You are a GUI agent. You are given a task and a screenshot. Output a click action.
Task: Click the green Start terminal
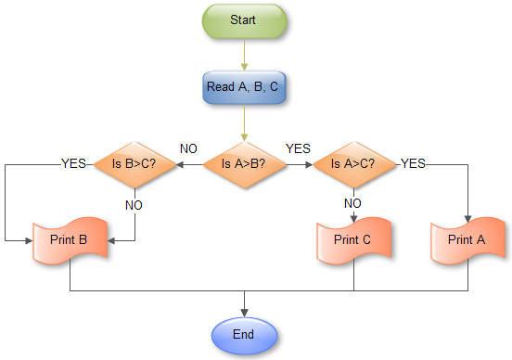245,19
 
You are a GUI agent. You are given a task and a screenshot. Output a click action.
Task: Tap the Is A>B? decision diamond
245,164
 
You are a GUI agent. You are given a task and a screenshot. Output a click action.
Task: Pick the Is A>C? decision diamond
354,164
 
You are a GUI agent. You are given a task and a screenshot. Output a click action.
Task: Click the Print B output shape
70,240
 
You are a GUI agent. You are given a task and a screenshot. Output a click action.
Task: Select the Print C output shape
353,240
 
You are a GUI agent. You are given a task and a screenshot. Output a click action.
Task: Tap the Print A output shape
467,240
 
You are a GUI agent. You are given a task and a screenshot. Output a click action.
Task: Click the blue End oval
245,332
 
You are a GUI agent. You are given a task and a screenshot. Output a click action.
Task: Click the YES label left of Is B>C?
74,163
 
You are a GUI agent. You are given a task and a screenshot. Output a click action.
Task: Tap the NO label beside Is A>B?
188,148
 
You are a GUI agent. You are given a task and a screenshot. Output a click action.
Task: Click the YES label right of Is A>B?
299,148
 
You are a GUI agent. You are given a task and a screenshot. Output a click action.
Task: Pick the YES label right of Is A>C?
413,163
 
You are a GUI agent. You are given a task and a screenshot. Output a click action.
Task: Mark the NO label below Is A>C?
353,203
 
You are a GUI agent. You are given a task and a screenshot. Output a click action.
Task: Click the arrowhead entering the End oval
245,310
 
